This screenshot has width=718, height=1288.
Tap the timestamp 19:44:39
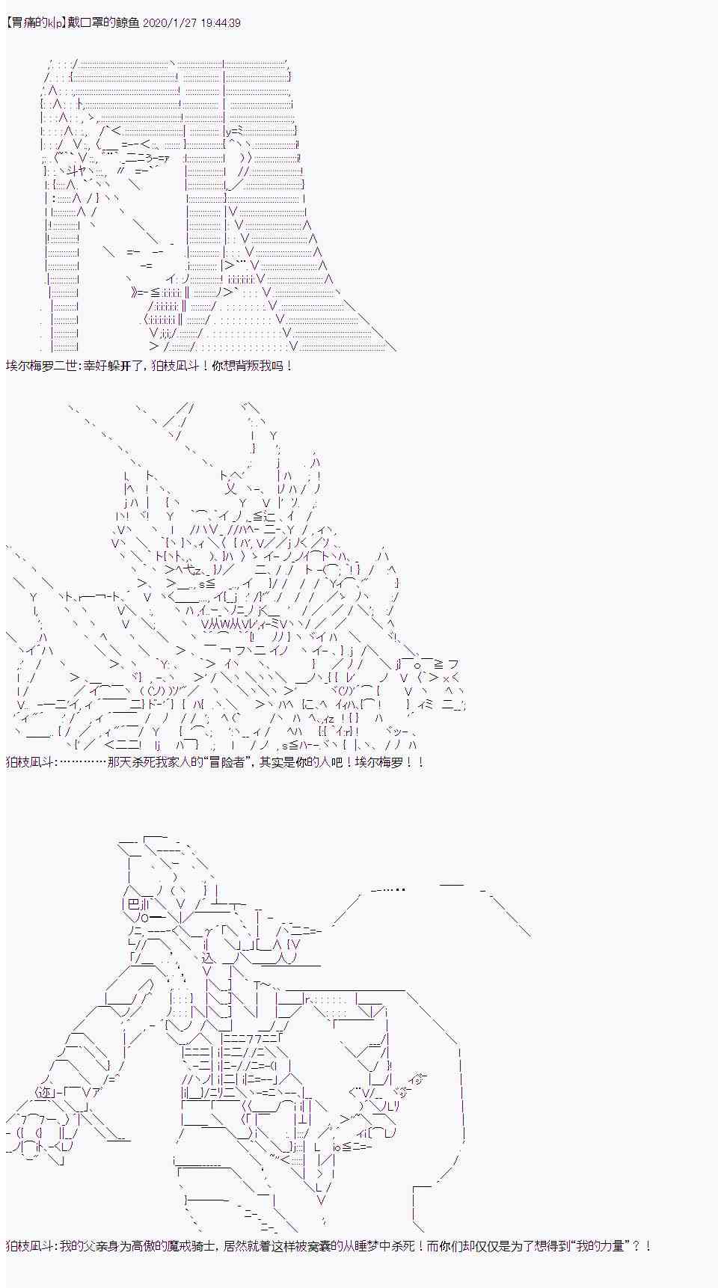point(219,23)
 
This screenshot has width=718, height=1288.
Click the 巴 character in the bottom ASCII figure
point(134,904)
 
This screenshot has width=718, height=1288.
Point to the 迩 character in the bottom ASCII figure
point(44,1093)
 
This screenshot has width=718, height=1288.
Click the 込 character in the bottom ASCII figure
point(209,958)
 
